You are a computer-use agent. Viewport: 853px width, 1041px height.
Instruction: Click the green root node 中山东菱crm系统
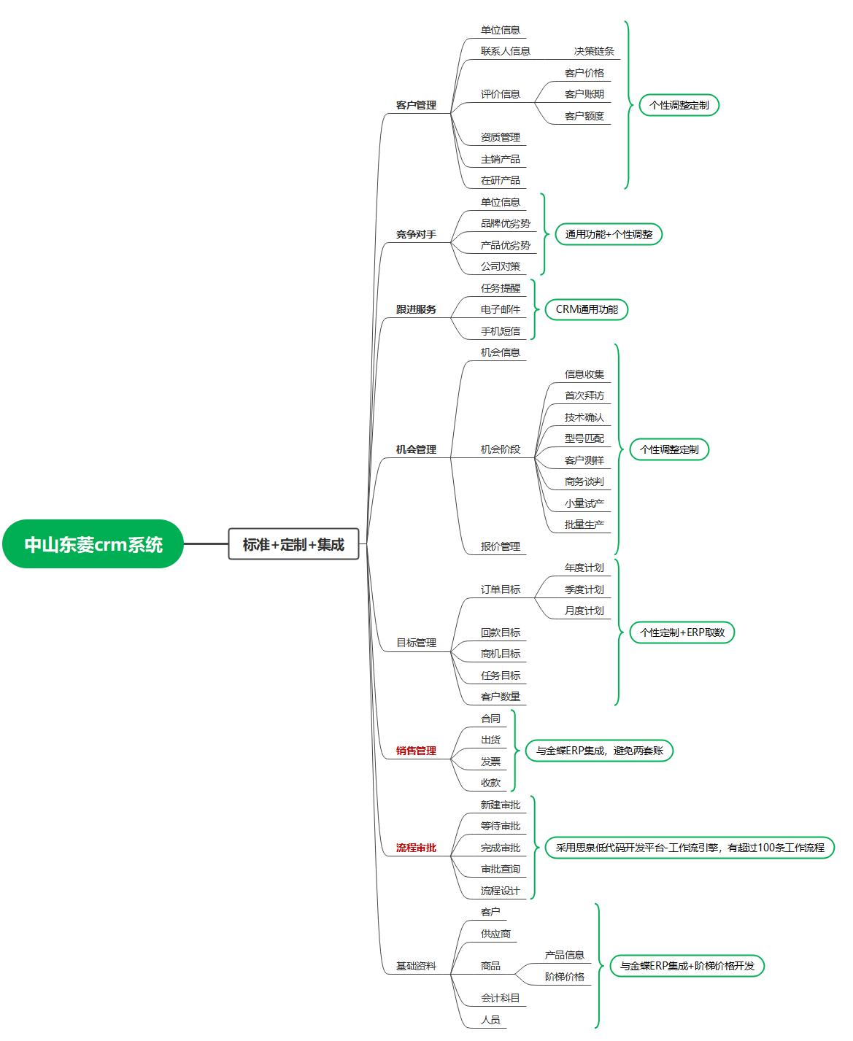tap(93, 544)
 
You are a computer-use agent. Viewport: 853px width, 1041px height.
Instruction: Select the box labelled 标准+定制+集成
tap(293, 544)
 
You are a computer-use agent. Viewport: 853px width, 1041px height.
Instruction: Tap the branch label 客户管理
tap(416, 105)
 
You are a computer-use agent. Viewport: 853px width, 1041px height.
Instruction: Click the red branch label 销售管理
tap(416, 751)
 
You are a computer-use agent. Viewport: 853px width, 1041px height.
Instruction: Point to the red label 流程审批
tap(416, 848)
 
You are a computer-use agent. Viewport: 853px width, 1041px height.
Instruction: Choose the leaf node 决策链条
tap(594, 51)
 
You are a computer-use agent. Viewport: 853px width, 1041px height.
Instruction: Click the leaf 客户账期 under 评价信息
tap(584, 94)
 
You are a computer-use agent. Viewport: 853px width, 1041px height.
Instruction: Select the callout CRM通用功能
tap(587, 309)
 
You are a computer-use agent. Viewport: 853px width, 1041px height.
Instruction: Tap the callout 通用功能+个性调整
tap(609, 234)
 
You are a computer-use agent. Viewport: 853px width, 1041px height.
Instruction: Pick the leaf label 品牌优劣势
tap(505, 223)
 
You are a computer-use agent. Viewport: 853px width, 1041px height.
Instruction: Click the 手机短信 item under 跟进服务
tap(500, 331)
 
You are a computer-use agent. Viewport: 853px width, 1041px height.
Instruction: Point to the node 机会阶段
tap(500, 449)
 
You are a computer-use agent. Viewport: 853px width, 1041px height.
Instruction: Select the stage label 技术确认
tap(584, 417)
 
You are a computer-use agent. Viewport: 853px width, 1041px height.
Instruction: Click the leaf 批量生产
tap(584, 525)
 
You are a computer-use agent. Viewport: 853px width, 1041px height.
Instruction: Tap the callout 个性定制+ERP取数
tap(682, 632)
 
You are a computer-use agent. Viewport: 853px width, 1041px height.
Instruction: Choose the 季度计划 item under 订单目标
tap(584, 589)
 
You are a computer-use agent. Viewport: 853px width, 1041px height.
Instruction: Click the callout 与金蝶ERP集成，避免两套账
tap(599, 751)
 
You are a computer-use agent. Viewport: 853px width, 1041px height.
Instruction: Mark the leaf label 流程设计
tap(500, 891)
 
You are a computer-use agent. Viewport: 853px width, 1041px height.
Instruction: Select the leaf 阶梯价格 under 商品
tap(564, 977)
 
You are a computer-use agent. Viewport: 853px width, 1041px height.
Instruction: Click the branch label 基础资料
tap(416, 966)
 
